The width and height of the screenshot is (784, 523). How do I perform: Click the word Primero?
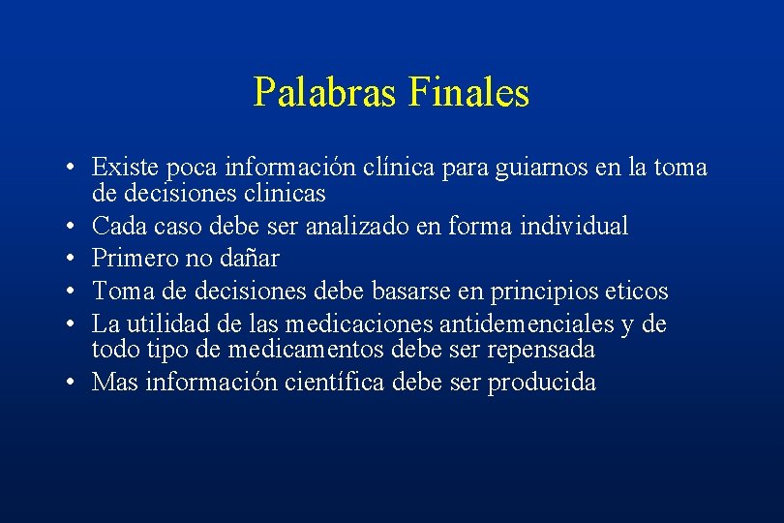133,259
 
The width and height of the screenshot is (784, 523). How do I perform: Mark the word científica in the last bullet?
337,383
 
